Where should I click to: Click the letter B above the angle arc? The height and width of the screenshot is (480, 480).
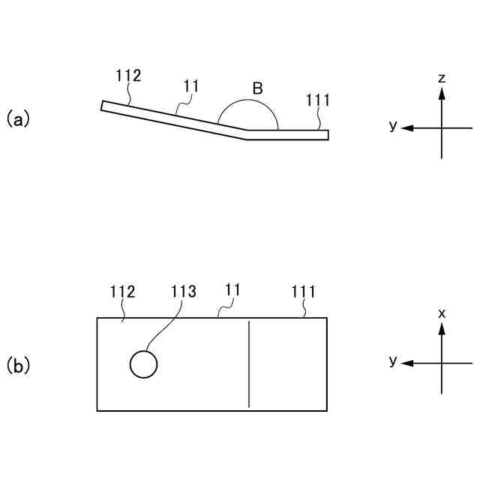(x=257, y=88)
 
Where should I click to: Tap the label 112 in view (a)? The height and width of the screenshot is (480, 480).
(x=129, y=76)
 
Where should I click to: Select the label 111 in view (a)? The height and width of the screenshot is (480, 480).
(x=319, y=100)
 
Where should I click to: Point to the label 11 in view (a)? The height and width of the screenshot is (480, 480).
(x=191, y=86)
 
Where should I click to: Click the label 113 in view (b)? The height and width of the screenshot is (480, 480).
(x=184, y=292)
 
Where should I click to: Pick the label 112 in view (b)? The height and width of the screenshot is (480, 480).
(x=122, y=292)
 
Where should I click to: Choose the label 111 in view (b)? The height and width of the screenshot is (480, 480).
(x=303, y=292)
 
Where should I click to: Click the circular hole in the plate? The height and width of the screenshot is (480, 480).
(x=143, y=364)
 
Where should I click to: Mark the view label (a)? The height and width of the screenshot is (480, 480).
(x=17, y=118)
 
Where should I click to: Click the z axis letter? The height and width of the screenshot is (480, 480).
(x=442, y=78)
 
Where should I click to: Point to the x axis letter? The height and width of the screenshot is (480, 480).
(x=442, y=313)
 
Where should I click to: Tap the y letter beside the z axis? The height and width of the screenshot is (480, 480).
(x=392, y=125)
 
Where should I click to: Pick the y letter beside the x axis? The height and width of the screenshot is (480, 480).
(x=392, y=361)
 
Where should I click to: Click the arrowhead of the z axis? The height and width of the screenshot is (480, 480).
(x=442, y=94)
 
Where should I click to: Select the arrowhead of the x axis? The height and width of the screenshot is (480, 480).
(x=442, y=329)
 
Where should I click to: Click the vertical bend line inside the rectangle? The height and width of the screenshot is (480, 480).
(x=249, y=364)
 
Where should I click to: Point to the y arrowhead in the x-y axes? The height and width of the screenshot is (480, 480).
(x=406, y=364)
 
